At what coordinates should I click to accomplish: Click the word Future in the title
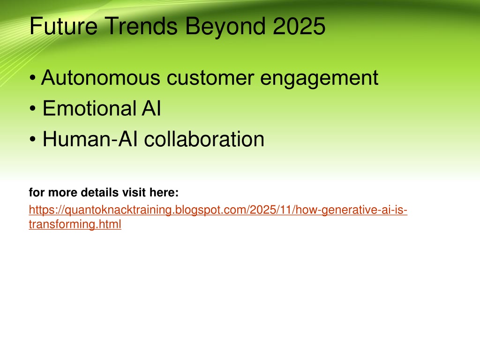[x=64, y=26]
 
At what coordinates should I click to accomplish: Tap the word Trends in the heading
[x=141, y=26]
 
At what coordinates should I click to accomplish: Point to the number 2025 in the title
[x=299, y=26]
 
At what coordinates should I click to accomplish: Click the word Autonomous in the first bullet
[x=101, y=77]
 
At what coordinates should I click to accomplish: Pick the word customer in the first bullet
[x=210, y=78]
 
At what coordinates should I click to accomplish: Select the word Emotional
[x=90, y=108]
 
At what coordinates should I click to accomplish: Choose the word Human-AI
[x=90, y=139]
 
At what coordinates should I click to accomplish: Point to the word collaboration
[x=204, y=139]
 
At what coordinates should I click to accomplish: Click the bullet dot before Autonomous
[x=33, y=78]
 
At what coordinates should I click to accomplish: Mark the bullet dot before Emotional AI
[x=33, y=109]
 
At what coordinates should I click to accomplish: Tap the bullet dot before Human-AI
[x=33, y=139]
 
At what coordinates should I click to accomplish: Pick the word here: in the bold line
[x=164, y=192]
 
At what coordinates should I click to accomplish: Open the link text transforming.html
[x=75, y=224]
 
